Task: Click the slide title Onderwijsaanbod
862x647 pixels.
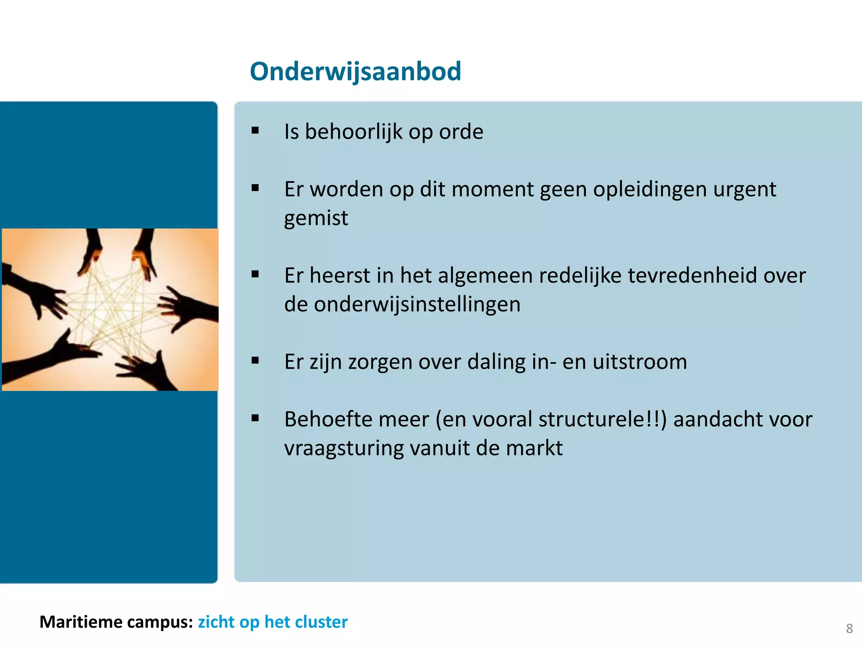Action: coord(355,71)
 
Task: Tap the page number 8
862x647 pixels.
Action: coord(849,628)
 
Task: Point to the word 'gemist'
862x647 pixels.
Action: coord(316,218)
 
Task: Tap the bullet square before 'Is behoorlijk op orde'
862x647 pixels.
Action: coord(255,131)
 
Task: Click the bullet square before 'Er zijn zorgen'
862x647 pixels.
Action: coord(255,361)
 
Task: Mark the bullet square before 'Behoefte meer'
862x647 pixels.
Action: coord(255,418)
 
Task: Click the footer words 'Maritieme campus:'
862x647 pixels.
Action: coord(116,622)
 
